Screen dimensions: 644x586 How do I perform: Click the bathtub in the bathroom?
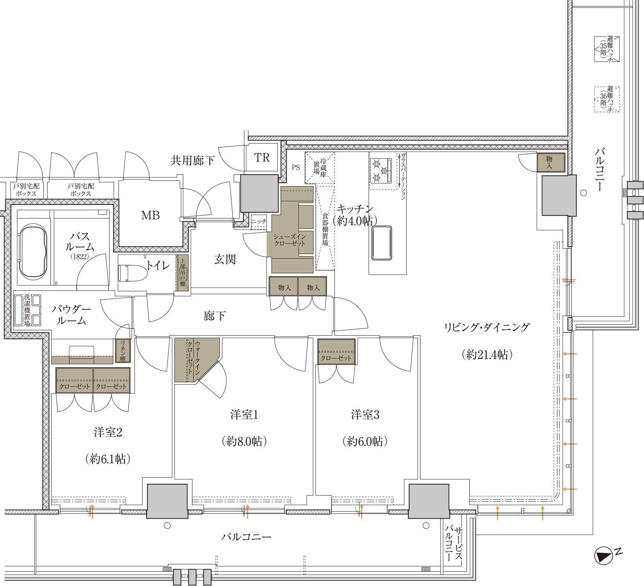click(32, 250)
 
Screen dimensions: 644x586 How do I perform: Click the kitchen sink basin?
click(381, 243)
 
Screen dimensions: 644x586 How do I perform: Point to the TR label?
click(262, 158)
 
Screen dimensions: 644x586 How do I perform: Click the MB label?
click(150, 215)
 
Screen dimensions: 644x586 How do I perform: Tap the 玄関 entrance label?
click(225, 259)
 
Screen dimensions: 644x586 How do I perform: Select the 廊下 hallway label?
click(215, 316)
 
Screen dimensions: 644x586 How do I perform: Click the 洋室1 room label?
click(244, 415)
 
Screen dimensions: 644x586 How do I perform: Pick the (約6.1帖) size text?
click(108, 459)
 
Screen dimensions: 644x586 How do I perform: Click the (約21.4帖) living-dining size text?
click(487, 354)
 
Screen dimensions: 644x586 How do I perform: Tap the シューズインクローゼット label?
click(290, 240)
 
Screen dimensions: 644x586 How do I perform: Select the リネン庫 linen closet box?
click(123, 350)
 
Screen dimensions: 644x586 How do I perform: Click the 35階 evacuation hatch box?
click(607, 49)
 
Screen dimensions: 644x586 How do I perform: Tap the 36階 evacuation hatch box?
click(607, 99)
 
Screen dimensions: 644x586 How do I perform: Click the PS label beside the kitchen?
click(296, 167)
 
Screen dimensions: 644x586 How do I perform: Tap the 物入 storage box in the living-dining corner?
click(550, 162)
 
